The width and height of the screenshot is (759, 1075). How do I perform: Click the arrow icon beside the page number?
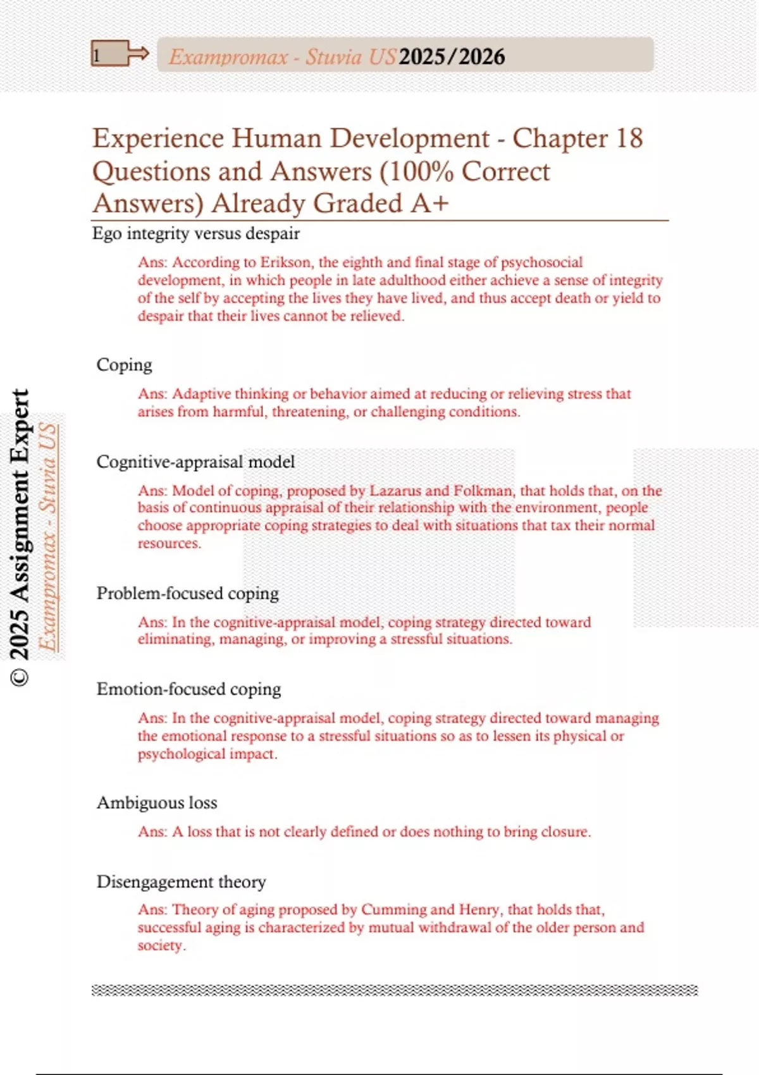click(x=137, y=53)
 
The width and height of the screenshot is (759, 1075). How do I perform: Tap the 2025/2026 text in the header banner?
click(x=452, y=57)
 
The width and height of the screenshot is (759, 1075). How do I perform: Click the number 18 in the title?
click(x=628, y=138)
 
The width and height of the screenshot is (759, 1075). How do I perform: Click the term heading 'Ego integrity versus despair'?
click(x=196, y=233)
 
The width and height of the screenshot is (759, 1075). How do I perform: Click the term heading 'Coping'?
click(x=125, y=365)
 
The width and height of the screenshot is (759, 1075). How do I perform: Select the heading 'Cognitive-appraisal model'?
click(x=195, y=462)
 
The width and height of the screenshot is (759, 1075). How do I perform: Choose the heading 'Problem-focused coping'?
click(x=188, y=593)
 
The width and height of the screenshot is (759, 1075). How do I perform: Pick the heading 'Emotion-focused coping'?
click(x=188, y=689)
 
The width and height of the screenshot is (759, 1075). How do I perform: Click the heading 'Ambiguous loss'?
click(x=157, y=802)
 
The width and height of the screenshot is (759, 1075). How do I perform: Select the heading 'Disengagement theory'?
click(x=181, y=881)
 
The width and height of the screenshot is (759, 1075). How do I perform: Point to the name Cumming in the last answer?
click(x=393, y=909)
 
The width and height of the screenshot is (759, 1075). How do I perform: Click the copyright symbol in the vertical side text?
click(x=20, y=677)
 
